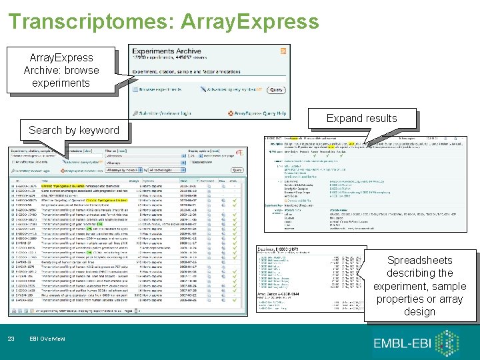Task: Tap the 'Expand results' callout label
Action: point(362,118)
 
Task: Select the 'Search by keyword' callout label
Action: point(73,130)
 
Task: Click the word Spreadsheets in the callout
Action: point(420,260)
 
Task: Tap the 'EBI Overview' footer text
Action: point(47,339)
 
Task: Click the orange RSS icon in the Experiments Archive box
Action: point(283,51)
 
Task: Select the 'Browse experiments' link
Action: point(157,89)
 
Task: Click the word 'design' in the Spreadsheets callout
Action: point(419,311)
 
